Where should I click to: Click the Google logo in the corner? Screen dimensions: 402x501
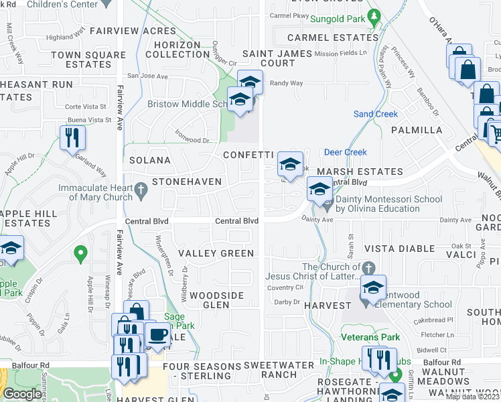point(22,394)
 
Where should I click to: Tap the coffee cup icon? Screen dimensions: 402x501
point(157,334)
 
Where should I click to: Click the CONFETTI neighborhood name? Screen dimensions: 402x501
point(249,155)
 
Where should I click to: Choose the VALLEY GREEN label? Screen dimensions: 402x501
point(216,253)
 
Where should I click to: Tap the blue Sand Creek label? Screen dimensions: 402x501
point(375,115)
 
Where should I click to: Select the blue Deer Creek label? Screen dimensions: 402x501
point(346,152)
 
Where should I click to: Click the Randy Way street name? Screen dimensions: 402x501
point(287,84)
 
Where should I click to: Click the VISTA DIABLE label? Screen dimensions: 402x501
point(400,249)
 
